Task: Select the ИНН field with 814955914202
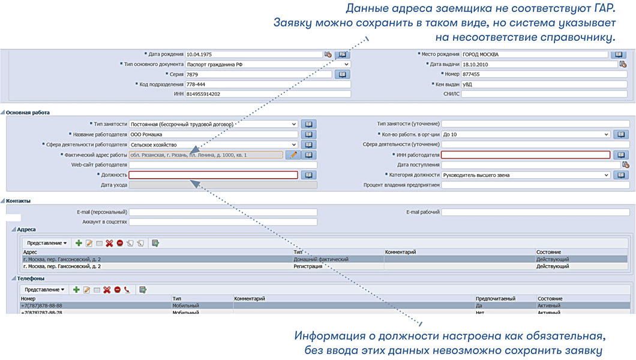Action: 268,94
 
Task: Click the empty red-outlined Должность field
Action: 213,175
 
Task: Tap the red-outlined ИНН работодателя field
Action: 526,155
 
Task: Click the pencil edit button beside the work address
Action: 292,155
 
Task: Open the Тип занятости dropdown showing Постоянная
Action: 213,124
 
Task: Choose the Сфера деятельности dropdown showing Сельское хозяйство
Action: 213,145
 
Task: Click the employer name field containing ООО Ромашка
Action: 213,134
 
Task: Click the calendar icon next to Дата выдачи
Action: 623,64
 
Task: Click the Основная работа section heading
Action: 28,112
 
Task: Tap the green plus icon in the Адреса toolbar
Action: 78,243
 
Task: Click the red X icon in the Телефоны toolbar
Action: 107,290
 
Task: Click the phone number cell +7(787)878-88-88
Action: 41,305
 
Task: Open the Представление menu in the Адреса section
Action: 46,243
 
